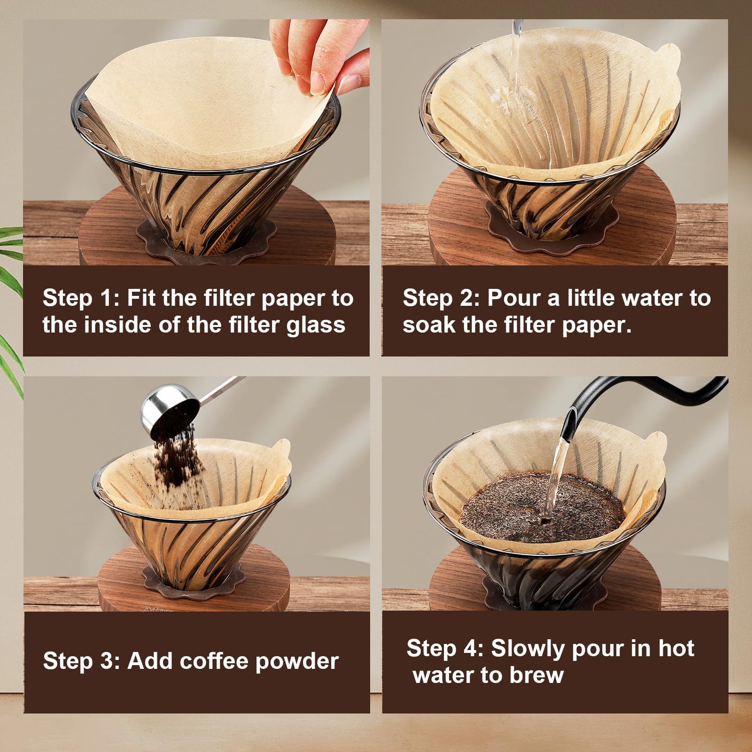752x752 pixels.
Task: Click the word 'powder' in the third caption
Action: click(x=297, y=661)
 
